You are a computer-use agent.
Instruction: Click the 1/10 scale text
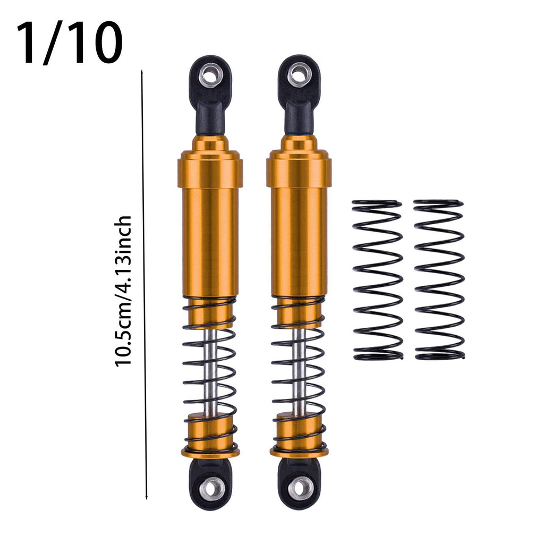70,43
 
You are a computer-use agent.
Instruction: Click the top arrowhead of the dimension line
142,72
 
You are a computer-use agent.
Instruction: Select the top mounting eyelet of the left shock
210,73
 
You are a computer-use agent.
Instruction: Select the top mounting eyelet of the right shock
299,73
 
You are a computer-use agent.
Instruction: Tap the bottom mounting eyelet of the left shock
210,489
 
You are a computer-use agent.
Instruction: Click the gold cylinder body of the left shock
210,240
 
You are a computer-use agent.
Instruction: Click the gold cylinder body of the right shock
299,240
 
